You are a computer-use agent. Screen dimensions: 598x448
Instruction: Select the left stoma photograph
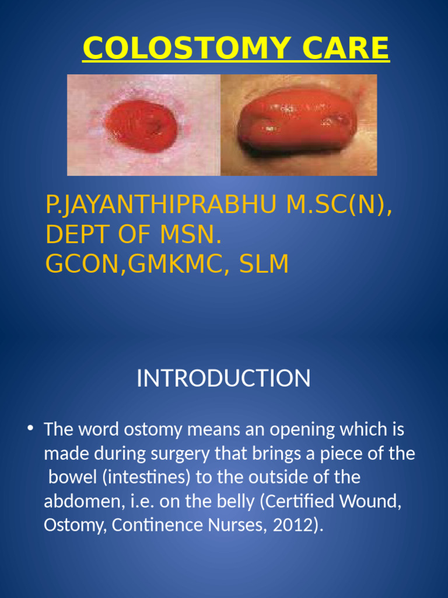144,125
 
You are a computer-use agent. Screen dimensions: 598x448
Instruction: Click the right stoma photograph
299,125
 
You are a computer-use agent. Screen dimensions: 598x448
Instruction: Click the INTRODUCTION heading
223,378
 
